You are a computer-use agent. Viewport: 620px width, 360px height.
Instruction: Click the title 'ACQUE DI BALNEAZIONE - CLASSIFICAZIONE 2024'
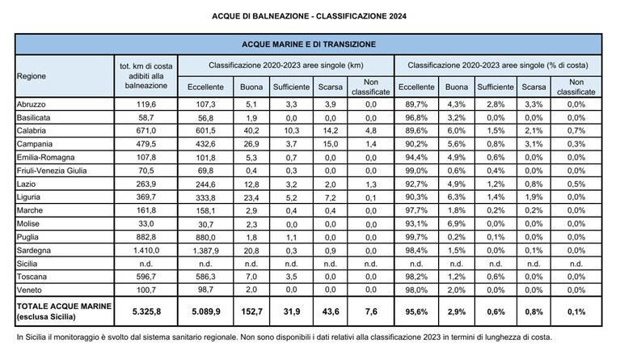point(309,16)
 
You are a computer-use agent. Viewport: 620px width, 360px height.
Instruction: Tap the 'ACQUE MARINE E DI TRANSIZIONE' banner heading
point(309,44)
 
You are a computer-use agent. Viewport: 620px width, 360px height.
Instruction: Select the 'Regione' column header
point(32,76)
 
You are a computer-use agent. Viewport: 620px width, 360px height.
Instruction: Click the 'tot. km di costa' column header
point(146,66)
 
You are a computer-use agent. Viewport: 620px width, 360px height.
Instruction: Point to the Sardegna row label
point(34,251)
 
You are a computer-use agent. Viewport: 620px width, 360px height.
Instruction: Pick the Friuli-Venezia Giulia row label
point(52,171)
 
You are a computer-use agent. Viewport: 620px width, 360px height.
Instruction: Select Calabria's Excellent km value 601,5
point(205,131)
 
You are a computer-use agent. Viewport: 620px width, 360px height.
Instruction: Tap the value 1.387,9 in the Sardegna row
point(205,251)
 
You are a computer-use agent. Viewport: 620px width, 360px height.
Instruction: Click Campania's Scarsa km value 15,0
point(330,144)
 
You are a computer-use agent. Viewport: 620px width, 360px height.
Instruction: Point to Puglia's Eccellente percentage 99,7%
point(416,237)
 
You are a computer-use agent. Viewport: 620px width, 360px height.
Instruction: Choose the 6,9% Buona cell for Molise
point(456,224)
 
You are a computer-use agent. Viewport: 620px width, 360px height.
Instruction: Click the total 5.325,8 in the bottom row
point(146,311)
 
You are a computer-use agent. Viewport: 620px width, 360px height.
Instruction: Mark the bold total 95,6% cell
point(416,311)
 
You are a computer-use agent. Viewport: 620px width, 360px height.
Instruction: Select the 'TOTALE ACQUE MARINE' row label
point(64,306)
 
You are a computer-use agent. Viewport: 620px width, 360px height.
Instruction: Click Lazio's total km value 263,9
point(146,184)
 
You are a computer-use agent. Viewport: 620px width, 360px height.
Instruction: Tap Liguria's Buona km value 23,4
point(251,197)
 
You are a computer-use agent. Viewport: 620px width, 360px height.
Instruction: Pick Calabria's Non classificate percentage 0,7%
point(576,131)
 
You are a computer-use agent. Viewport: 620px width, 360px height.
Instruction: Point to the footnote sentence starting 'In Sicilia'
point(285,337)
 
